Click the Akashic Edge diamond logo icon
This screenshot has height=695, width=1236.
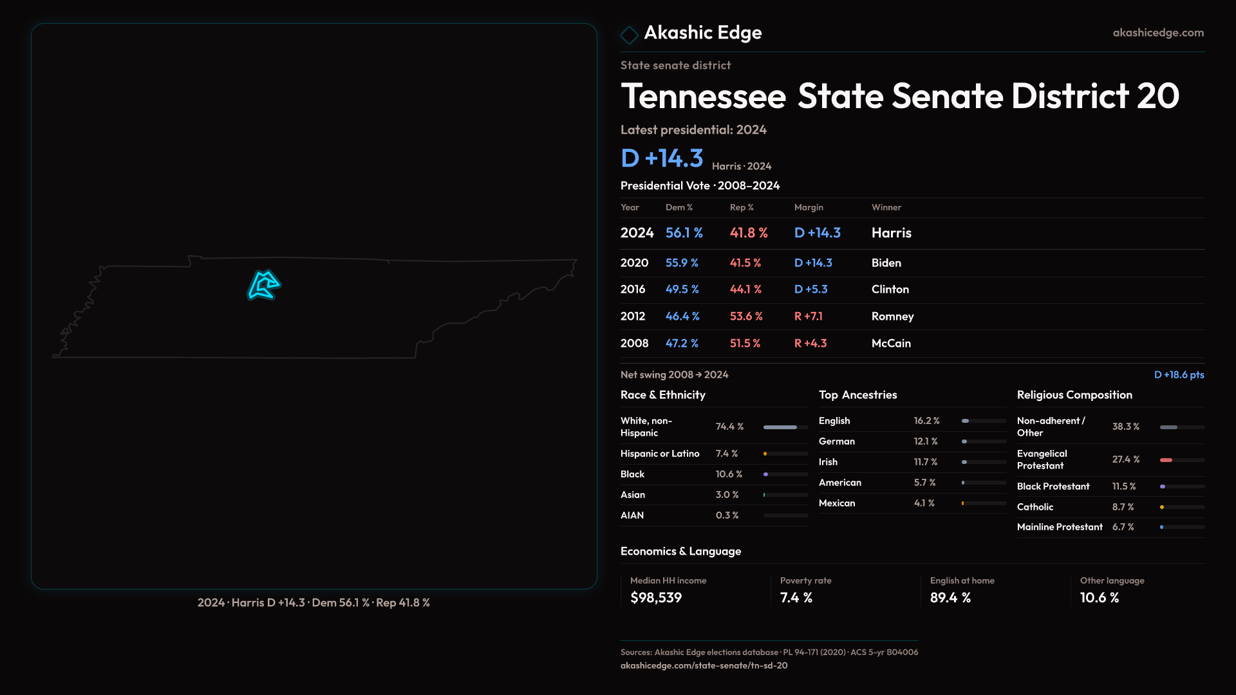pos(629,35)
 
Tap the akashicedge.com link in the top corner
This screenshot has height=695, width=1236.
pos(1157,33)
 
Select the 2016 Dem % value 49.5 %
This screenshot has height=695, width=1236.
pos(682,290)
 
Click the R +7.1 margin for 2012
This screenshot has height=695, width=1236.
pos(808,317)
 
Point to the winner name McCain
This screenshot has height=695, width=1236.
pos(891,344)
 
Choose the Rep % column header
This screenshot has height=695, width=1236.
pos(741,207)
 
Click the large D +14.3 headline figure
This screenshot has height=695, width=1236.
pos(662,158)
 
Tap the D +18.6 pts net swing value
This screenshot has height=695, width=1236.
pos(1179,375)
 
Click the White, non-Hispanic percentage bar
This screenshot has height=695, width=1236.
pos(780,427)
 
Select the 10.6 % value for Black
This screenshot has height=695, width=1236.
pos(729,474)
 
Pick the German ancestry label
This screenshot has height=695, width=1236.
pos(836,441)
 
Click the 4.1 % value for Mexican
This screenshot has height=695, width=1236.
pos(924,503)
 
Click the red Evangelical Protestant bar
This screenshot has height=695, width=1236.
pos(1166,460)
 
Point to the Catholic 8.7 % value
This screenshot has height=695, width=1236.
pos(1123,507)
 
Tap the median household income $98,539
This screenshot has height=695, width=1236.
pos(655,598)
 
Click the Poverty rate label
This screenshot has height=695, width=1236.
pos(805,580)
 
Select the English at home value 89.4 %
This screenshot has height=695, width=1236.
pos(950,598)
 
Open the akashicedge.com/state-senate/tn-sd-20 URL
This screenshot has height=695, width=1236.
pos(704,665)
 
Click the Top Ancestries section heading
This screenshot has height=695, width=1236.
pos(857,395)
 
